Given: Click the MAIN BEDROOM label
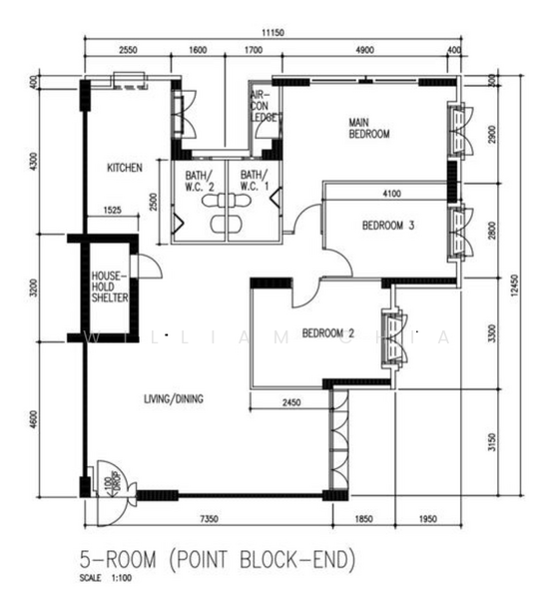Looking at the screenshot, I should pos(368,128).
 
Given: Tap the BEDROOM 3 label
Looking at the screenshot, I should pos(387,226).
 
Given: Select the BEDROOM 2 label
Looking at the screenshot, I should pos(328,332).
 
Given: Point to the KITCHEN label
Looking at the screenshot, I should pos(125,168).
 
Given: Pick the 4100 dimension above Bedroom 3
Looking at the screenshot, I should pos(389,193).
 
